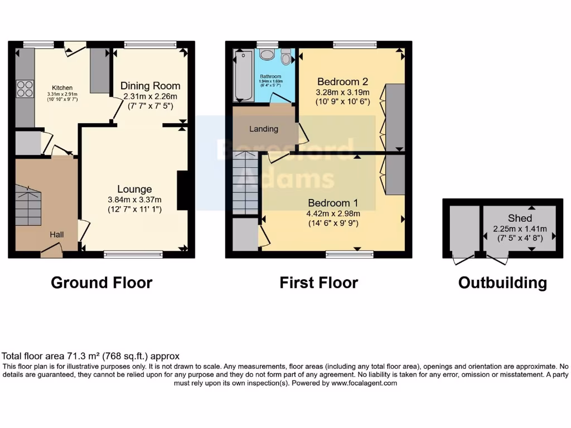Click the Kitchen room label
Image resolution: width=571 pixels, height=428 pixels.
coord(62,88)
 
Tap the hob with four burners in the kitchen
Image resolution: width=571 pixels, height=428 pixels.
coord(25,89)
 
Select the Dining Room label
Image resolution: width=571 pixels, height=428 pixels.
coord(151,86)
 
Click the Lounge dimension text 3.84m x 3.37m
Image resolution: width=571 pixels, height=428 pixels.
coord(134,200)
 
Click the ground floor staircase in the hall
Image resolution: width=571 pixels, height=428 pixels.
coord(28,206)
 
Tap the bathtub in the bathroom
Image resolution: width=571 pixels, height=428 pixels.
coord(243,76)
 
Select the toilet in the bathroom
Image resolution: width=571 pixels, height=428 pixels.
coord(286,57)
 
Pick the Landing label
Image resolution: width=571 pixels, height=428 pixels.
coord(264,129)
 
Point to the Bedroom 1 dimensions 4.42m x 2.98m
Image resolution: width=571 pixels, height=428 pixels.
coord(333,213)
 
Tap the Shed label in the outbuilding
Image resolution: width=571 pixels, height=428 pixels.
coord(520,218)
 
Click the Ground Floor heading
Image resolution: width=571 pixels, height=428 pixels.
coord(101,283)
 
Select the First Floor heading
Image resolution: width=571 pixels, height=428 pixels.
coord(318,283)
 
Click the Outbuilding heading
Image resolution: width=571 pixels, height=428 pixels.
coord(502,283)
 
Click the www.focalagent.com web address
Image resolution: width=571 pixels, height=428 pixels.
coord(364,383)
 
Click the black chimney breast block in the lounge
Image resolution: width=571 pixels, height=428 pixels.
coord(182,191)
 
